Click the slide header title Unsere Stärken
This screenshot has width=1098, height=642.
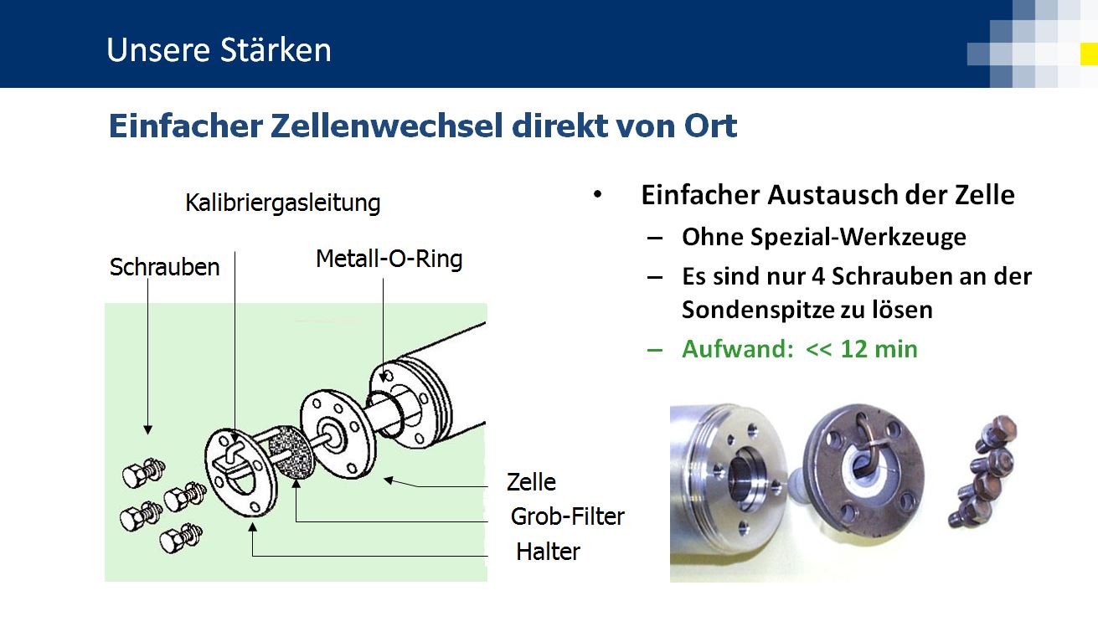click(219, 50)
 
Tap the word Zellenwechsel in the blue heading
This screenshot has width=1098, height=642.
click(387, 126)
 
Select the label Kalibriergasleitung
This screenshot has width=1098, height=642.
click(283, 203)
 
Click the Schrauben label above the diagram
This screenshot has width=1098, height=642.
click(164, 267)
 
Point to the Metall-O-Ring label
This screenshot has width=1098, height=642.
click(389, 259)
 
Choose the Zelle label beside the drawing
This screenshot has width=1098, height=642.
click(531, 482)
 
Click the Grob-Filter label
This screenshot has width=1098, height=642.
click(568, 516)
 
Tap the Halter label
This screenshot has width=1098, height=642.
click(548, 552)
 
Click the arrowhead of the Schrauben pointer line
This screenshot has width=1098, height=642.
click(147, 430)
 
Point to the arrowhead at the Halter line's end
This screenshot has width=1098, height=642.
click(252, 527)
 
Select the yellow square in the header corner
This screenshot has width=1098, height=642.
click(1089, 54)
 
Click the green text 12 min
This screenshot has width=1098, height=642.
click(879, 350)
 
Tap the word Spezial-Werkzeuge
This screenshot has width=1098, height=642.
click(858, 237)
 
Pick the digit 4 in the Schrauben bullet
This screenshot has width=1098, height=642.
click(818, 276)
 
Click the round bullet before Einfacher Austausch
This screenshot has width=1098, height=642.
click(597, 194)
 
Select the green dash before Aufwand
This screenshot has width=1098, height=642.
click(655, 350)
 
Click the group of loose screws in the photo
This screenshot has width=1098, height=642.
click(982, 471)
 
